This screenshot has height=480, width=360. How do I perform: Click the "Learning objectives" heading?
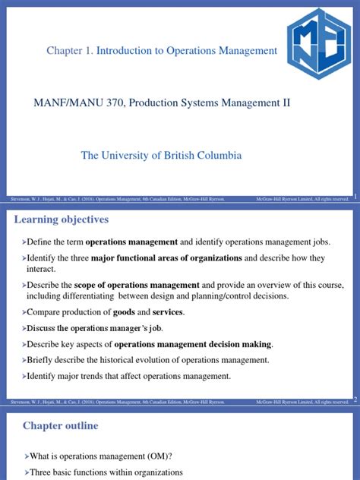[62, 219]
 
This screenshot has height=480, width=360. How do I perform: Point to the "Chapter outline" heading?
[60, 425]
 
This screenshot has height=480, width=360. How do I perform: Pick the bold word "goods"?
[125, 312]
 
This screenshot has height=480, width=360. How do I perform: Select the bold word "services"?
[168, 312]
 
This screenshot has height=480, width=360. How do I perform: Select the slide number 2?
[354, 399]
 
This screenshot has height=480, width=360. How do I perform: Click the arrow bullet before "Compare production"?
[23, 312]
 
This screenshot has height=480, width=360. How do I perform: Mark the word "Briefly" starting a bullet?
[42, 360]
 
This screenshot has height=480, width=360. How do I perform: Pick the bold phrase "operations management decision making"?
[198, 344]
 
